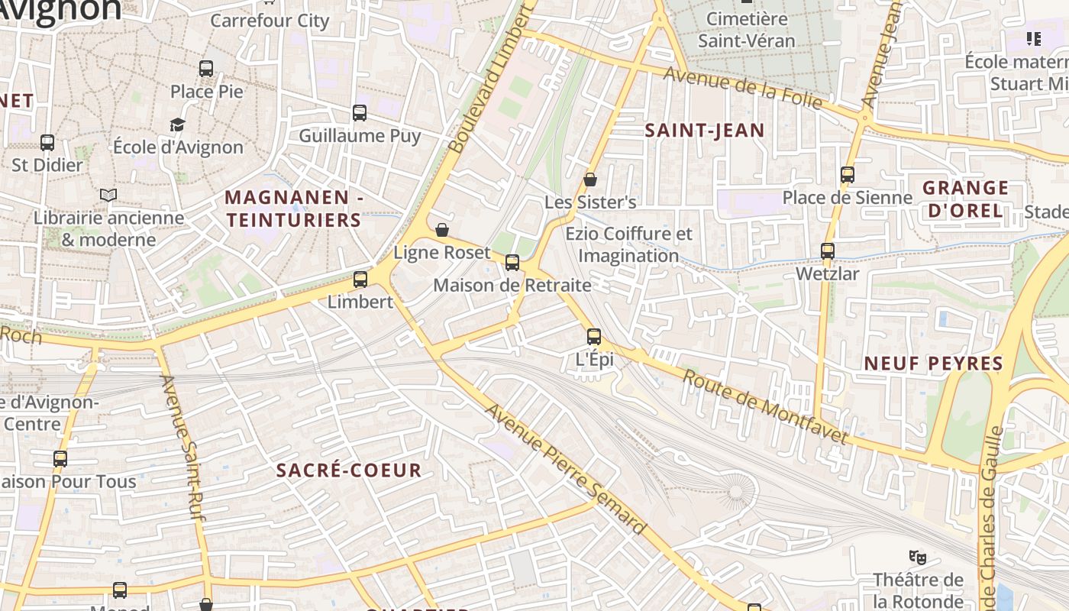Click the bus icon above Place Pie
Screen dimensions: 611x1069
[x=206, y=68]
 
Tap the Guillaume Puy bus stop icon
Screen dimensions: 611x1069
[x=360, y=113]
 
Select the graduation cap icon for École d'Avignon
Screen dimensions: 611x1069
[x=178, y=124]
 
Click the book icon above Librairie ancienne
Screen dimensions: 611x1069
[x=108, y=196]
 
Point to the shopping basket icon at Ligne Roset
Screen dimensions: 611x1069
[x=442, y=230]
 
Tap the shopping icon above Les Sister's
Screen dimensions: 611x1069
[x=590, y=180]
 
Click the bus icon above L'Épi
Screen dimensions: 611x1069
[x=594, y=336]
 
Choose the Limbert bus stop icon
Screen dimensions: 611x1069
[x=360, y=280]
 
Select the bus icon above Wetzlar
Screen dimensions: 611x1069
[x=828, y=251]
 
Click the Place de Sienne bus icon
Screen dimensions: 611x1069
[x=848, y=175]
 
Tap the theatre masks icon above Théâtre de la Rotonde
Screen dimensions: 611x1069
[x=918, y=557]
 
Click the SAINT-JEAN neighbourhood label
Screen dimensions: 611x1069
[x=705, y=131]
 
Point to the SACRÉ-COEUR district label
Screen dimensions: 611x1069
[x=349, y=470]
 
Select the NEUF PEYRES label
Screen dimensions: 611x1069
[x=933, y=364]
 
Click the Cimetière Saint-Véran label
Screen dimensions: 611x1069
[x=747, y=29]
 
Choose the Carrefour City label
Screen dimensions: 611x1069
[x=270, y=21]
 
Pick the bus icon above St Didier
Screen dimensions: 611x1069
[x=47, y=142]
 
